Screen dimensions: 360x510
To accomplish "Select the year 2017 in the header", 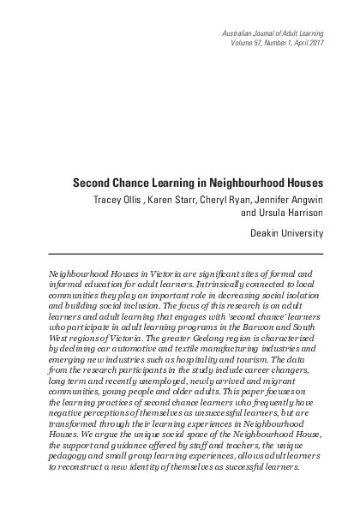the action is coord(313,42).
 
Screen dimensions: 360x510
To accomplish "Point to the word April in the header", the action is coord(293,42).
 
